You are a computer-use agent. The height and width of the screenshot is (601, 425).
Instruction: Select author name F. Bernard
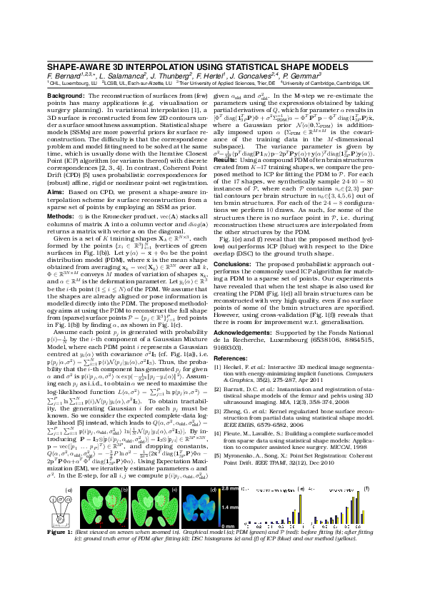pyautogui.click(x=66, y=75)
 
